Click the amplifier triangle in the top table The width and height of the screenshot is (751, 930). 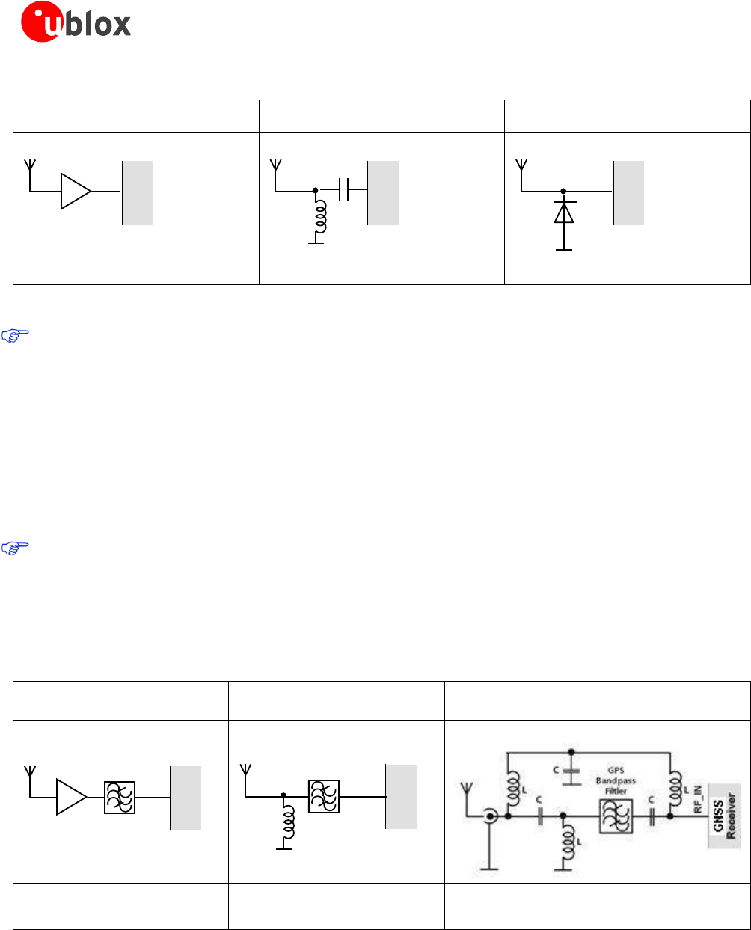(75, 191)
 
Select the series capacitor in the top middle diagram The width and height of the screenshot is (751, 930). (344, 190)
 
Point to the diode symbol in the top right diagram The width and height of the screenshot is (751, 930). (563, 212)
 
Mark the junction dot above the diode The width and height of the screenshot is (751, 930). (563, 191)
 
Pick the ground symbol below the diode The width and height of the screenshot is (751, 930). (563, 248)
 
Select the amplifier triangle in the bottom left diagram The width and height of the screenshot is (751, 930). (72, 797)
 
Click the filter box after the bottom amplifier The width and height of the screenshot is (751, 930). (120, 797)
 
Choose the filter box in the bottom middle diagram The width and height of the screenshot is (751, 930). (323, 796)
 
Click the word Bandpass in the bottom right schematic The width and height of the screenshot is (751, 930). (616, 780)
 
